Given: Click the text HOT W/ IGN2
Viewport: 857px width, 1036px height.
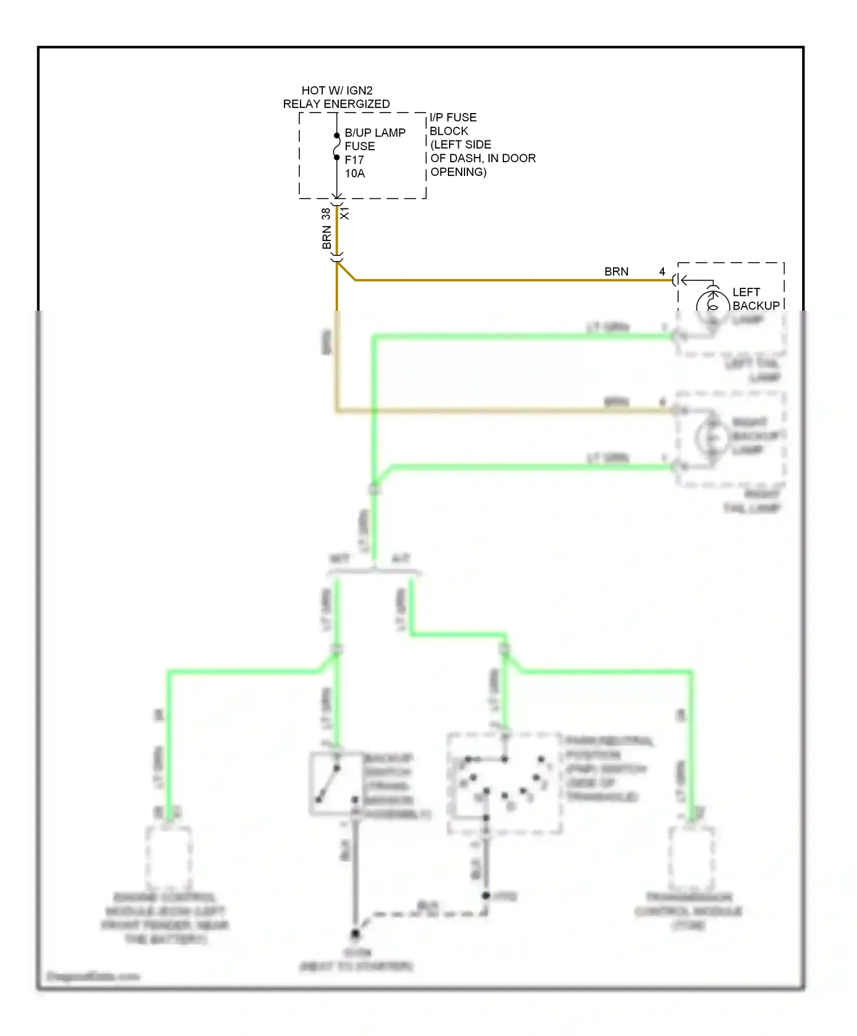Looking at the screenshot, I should [x=337, y=90].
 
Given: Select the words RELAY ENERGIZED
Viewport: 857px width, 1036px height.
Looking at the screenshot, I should [x=337, y=104].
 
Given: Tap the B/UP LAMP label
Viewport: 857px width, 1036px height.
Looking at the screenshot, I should [x=375, y=132].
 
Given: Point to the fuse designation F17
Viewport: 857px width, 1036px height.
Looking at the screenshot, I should [x=354, y=160].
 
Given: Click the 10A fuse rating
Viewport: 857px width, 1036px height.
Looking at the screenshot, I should [x=354, y=174].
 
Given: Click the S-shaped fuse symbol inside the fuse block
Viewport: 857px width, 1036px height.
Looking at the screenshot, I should [x=337, y=146].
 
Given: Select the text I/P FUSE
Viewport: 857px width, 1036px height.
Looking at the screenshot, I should [x=453, y=117].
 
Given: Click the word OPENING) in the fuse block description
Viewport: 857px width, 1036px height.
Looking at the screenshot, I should [x=458, y=172].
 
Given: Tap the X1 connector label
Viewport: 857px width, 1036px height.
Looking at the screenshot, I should [x=345, y=214].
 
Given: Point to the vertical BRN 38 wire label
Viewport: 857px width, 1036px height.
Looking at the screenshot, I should [x=326, y=228].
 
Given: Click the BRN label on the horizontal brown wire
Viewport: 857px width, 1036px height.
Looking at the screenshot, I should [x=616, y=272].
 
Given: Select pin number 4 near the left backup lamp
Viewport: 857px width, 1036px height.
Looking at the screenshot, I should [x=662, y=272].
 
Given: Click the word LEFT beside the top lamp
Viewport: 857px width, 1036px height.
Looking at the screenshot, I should [x=746, y=292].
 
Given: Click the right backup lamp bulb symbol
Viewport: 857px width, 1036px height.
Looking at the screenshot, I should [x=712, y=437].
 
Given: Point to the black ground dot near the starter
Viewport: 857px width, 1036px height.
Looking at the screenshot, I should [x=355, y=934].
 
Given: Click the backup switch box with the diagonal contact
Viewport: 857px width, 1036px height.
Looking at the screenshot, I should [x=337, y=782].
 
